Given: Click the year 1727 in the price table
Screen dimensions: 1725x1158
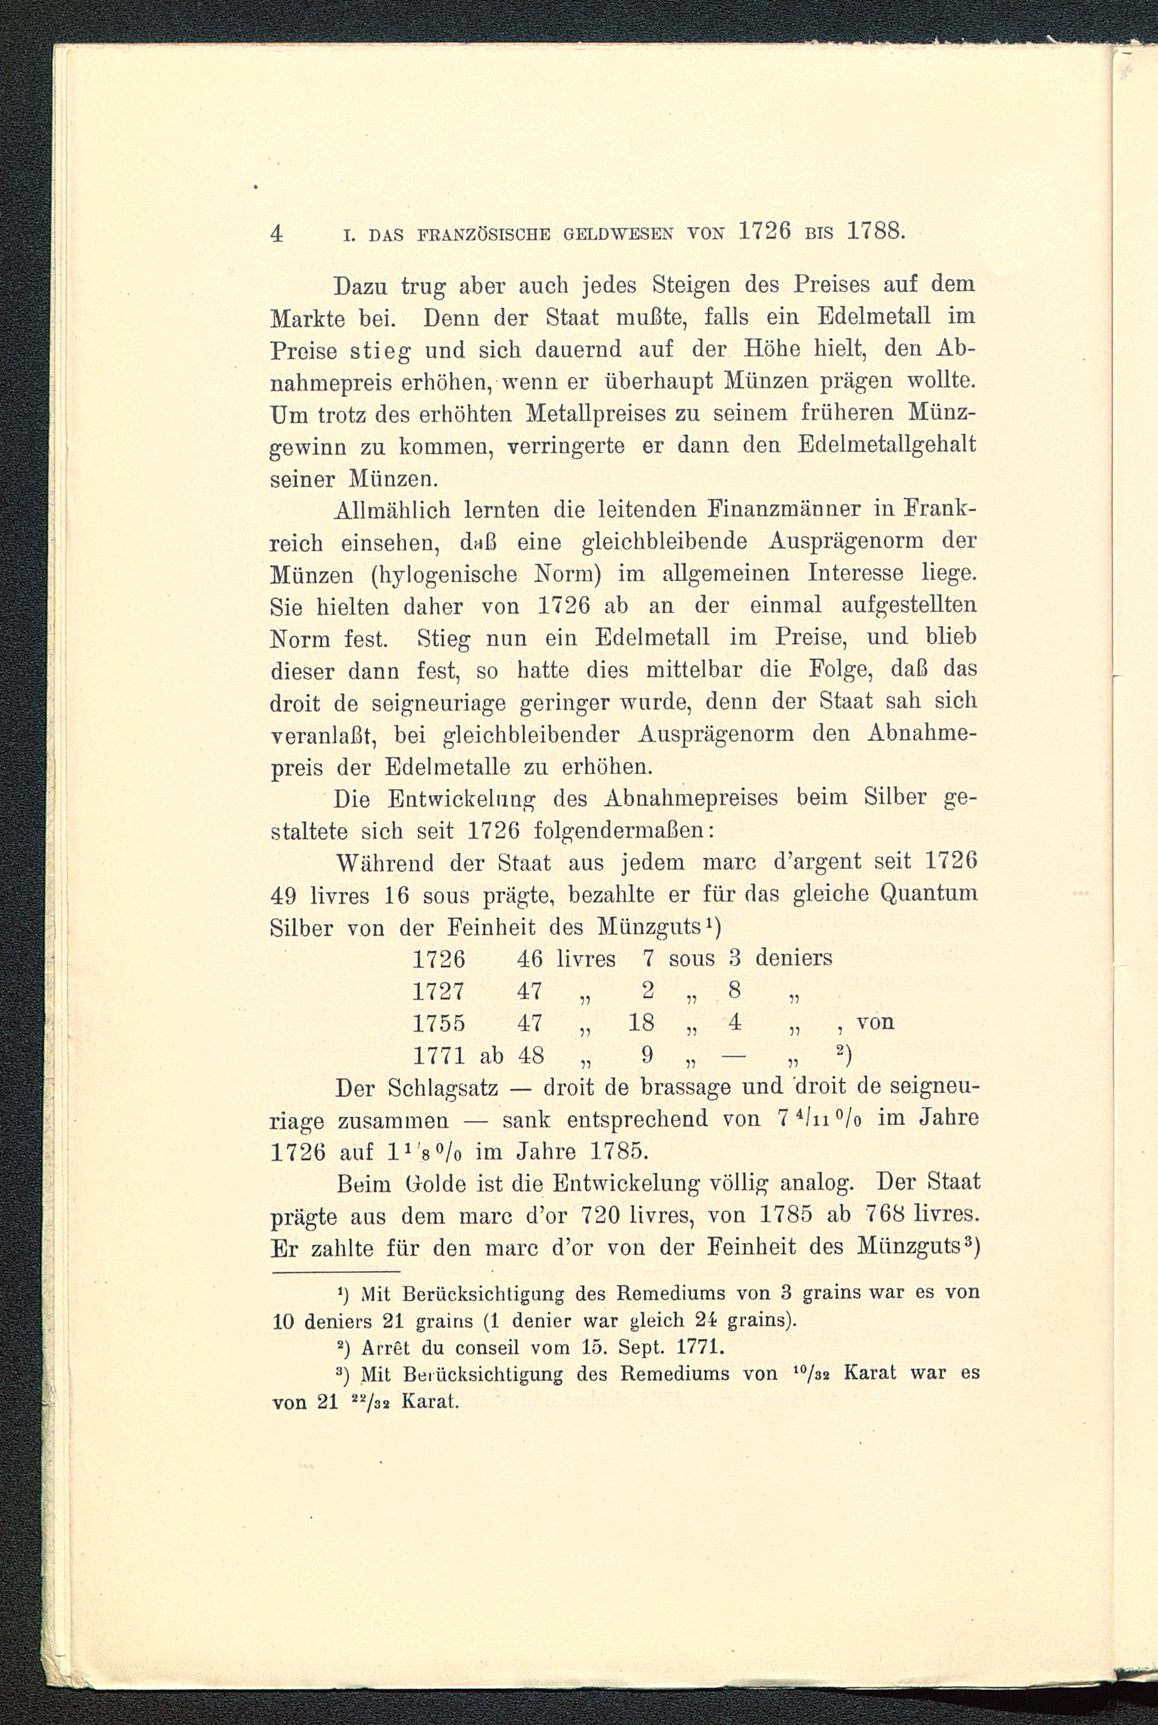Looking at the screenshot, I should [x=439, y=990].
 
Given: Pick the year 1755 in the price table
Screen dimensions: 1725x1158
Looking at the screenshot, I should [x=439, y=1023].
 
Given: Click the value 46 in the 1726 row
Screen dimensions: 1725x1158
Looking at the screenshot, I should [x=530, y=958].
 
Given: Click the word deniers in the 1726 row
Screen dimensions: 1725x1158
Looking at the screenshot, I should [x=793, y=958].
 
